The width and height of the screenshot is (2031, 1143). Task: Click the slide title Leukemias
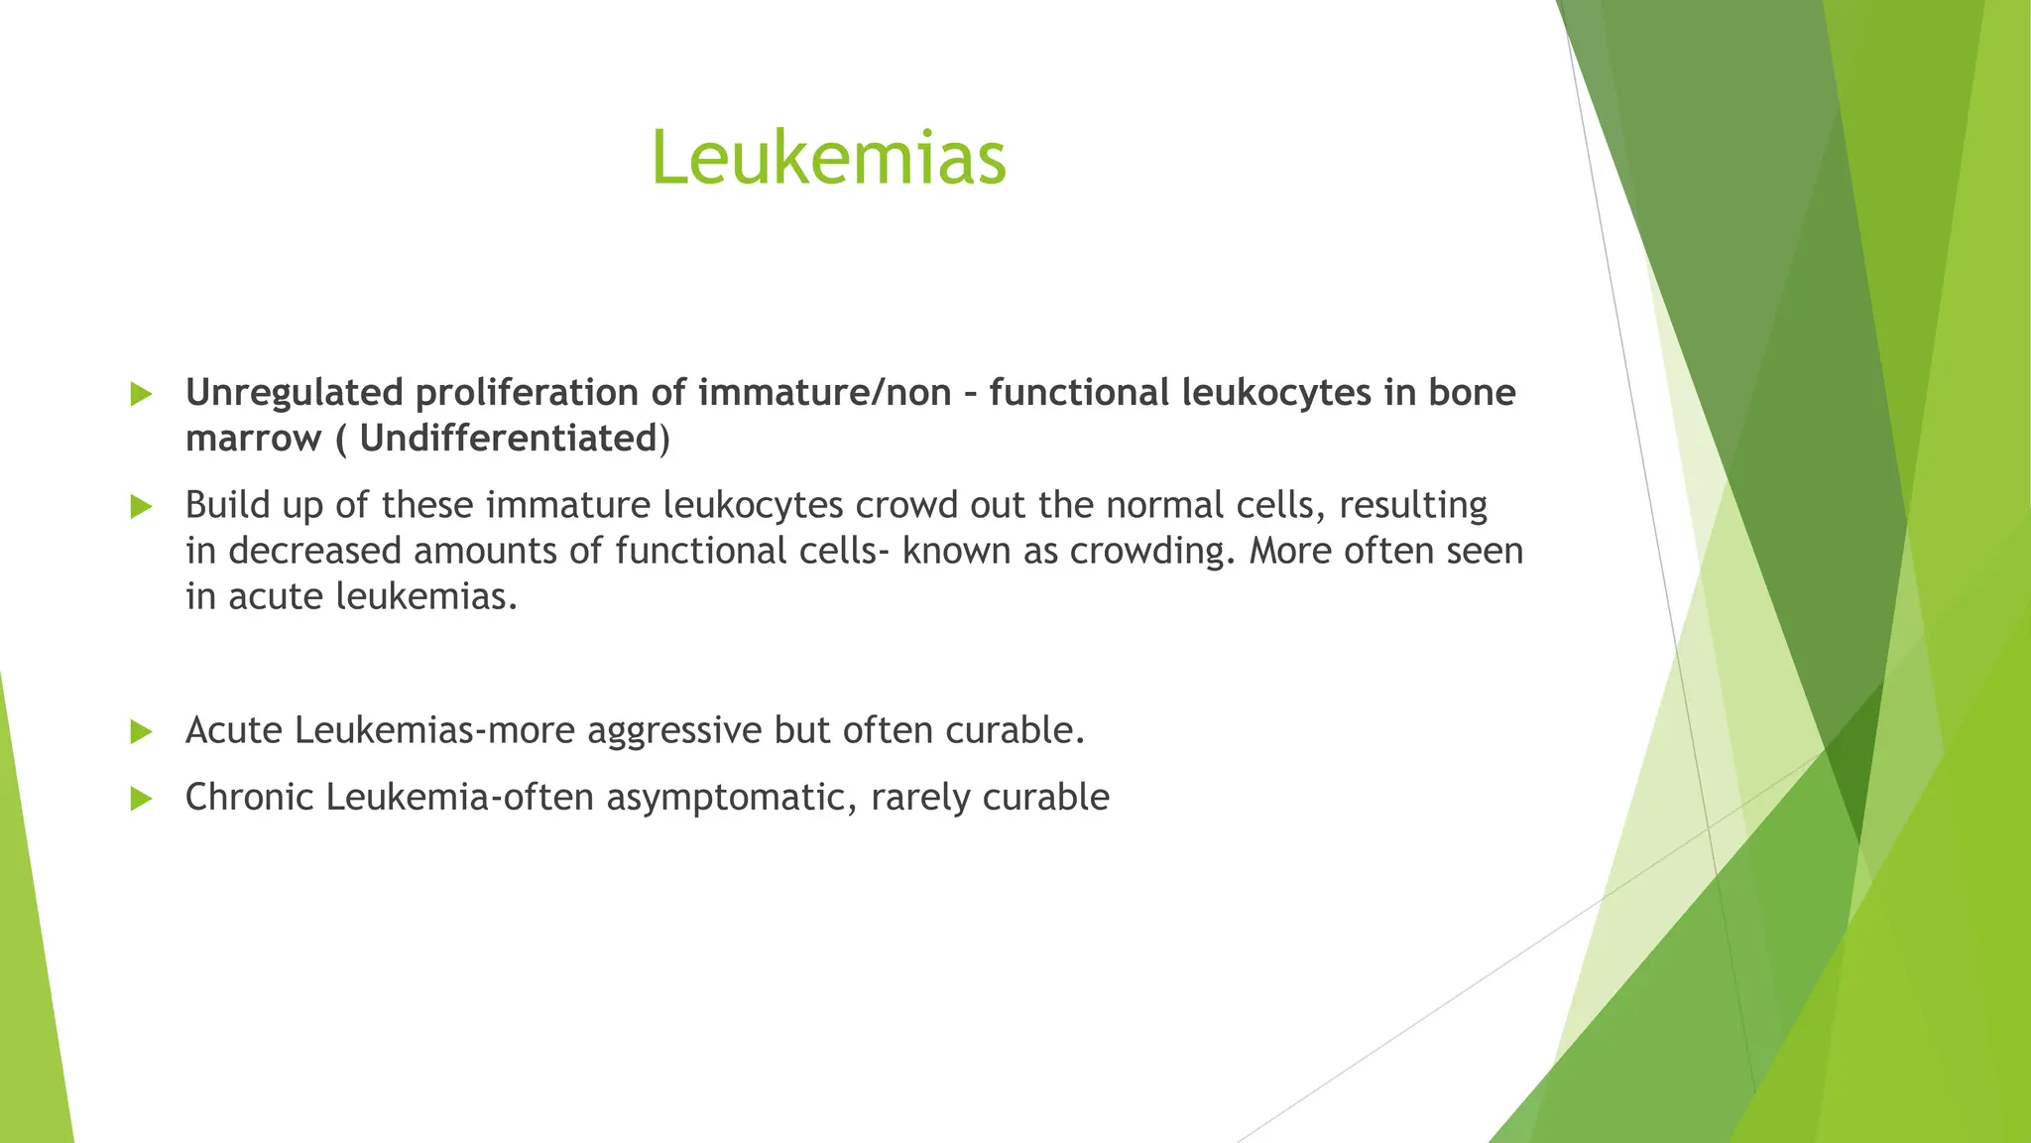828,159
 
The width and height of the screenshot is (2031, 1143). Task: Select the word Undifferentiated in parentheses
508,439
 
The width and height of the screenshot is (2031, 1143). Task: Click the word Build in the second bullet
228,505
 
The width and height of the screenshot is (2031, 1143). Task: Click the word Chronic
250,798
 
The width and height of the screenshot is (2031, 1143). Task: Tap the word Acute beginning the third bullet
234,731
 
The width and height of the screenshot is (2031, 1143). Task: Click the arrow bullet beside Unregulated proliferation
141,394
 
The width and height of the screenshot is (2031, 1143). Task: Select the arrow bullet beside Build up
141,507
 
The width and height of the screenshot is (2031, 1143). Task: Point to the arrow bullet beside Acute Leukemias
141,732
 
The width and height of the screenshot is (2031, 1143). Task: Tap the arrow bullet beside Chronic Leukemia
141,799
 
